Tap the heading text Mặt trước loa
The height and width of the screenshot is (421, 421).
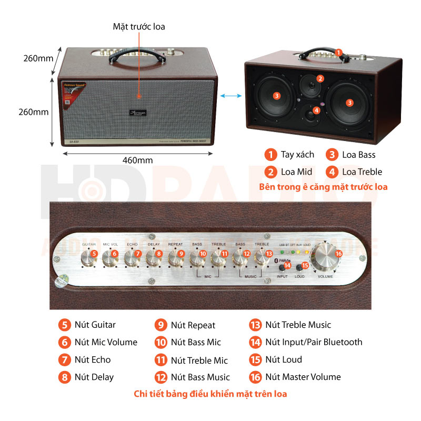click(x=139, y=26)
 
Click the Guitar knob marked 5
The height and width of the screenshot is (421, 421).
click(x=88, y=258)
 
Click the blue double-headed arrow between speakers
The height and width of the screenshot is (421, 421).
click(x=230, y=95)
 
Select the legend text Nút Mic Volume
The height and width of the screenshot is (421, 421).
click(x=106, y=342)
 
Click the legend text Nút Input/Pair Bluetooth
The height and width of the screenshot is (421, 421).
click(x=314, y=342)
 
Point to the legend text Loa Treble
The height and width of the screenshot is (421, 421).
click(x=362, y=172)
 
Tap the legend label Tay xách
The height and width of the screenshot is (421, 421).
click(x=297, y=154)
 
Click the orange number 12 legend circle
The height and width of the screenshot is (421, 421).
click(x=161, y=377)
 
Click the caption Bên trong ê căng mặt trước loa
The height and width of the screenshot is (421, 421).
click(x=323, y=187)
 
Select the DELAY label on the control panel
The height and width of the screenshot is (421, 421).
click(x=154, y=244)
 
